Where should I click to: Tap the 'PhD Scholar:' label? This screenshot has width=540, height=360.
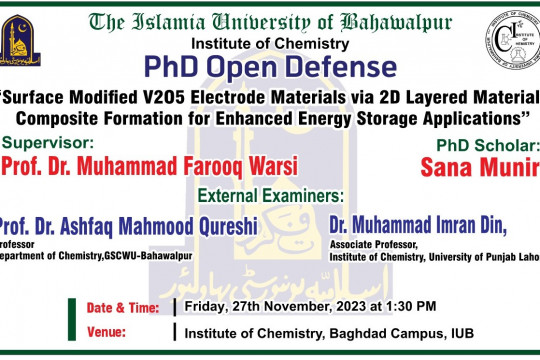(481, 146)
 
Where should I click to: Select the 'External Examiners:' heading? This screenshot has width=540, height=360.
(270, 193)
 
